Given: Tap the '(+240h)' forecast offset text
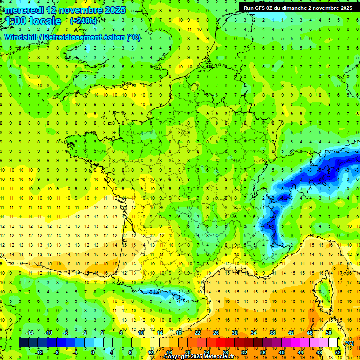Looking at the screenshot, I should pyautogui.click(x=83, y=21).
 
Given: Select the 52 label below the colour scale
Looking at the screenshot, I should pyautogui.click(x=337, y=352).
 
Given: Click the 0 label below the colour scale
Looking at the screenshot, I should pyautogui.click(x=92, y=352).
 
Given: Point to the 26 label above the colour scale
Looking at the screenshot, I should pyautogui.click(x=216, y=333).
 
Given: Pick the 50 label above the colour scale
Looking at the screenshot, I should pyautogui.click(x=329, y=333).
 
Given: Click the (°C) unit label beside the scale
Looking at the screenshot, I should pyautogui.click(x=349, y=343).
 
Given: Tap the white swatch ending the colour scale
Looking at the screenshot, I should pyautogui.click(x=333, y=343).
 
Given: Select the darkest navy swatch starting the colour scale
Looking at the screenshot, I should pyautogui.click(x=23, y=343).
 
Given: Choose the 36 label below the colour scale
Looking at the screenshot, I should pyautogui.click(x=262, y=352).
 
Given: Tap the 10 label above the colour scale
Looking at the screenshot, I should pyautogui.click(x=141, y=333).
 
